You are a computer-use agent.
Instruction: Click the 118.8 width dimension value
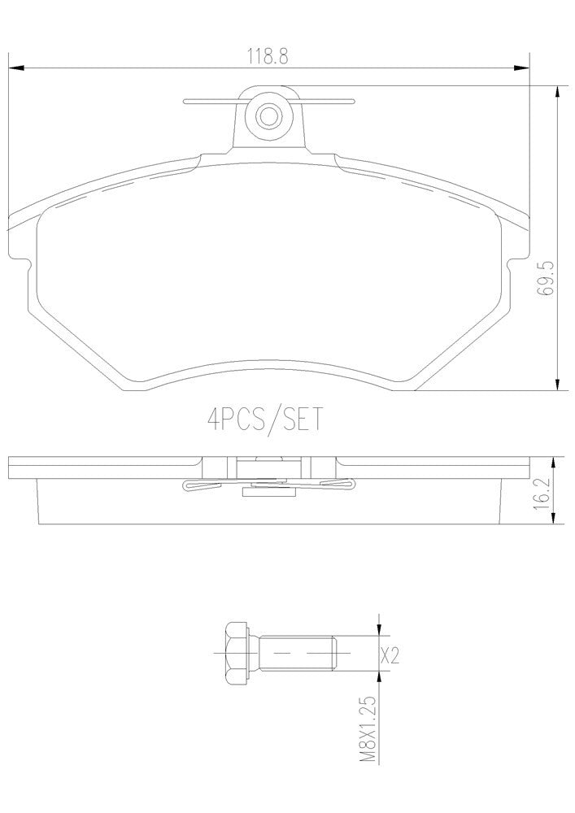tap(269, 56)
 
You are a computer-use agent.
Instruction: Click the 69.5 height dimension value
tap(547, 281)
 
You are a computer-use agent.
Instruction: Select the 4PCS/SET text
tap(265, 420)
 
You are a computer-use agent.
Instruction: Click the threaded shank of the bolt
tap(297, 653)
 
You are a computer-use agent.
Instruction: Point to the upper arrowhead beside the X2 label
tap(380, 628)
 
